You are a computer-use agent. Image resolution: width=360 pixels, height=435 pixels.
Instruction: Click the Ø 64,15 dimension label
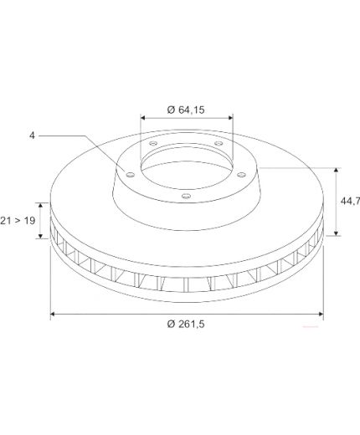(x=186, y=110)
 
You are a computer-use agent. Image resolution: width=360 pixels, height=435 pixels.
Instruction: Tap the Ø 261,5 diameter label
(x=186, y=324)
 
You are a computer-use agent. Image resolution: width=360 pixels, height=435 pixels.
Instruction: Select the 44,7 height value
(x=350, y=201)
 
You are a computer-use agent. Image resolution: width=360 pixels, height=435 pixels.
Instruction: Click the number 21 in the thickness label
(x=6, y=221)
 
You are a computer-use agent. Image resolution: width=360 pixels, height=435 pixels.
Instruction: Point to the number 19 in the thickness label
(x=29, y=221)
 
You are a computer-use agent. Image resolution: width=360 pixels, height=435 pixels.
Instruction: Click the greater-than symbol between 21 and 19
(x=18, y=221)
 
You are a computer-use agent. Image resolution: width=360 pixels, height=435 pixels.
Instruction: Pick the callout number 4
(x=33, y=136)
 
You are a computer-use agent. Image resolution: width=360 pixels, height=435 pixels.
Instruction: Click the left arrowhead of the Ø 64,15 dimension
(x=143, y=118)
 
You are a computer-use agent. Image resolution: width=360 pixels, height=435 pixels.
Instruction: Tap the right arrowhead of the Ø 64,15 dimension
(x=230, y=118)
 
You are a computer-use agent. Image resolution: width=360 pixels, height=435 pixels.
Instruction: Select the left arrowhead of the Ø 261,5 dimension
(x=54, y=314)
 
